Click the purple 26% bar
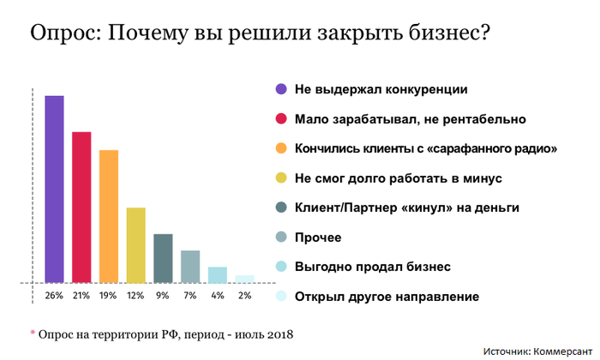tap(55, 189)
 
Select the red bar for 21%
tap(81, 207)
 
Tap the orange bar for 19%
tap(109, 216)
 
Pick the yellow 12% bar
tap(136, 245)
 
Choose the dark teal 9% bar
tap(163, 258)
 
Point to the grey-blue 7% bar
tap(190, 267)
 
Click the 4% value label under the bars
tap(218, 297)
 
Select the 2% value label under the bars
tap(245, 297)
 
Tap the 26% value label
tap(55, 297)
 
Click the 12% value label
tap(136, 297)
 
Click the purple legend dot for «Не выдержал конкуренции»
tap(280, 88)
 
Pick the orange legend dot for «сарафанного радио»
tap(280, 148)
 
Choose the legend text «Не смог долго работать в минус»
tap(385, 178)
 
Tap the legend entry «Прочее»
tap(318, 237)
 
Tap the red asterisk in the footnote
tap(33, 331)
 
